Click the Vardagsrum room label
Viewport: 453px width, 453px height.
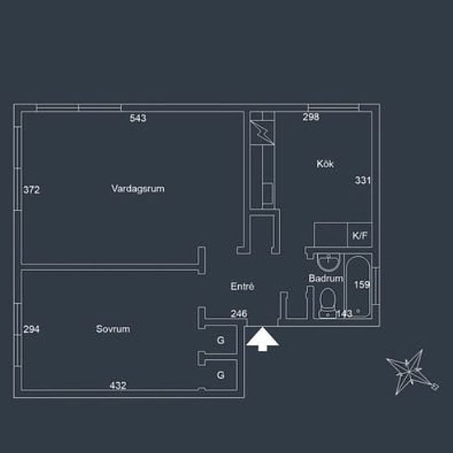[138, 189]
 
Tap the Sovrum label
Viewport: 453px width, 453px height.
[113, 329]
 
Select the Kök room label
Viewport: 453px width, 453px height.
[325, 164]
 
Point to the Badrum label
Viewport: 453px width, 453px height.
[325, 278]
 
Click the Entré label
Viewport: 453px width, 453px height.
[242, 287]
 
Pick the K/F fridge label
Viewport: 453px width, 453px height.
[360, 236]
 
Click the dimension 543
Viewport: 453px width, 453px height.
[138, 118]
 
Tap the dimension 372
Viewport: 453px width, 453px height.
[31, 189]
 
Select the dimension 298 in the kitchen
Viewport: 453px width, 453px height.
[311, 117]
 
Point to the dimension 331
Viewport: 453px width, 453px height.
[362, 180]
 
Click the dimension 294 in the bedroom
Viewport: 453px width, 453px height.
[31, 329]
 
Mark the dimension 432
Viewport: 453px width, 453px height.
[118, 385]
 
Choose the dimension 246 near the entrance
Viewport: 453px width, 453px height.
[239, 314]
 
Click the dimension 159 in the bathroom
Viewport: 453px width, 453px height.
[362, 285]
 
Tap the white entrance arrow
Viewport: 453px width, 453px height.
[262, 339]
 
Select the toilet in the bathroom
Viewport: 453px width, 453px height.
[328, 303]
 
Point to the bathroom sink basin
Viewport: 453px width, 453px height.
[329, 262]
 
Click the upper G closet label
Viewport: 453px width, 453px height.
[221, 340]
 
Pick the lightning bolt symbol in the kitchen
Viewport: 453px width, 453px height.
[262, 132]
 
